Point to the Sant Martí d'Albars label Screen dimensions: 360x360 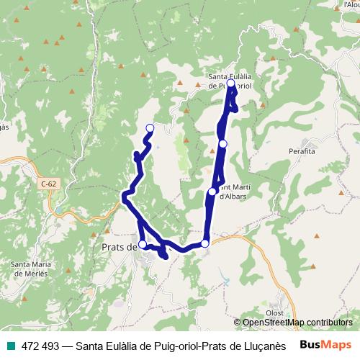pos(233,192)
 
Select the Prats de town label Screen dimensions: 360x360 pos(115,248)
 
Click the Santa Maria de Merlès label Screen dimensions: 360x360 pos(30,269)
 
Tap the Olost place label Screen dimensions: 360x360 pos(274,312)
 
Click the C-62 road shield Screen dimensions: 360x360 pos(48,184)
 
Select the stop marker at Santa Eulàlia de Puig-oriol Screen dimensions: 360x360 pos(230,84)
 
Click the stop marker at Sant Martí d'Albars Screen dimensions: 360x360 pos(212,192)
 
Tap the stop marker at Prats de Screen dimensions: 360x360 pos(143,245)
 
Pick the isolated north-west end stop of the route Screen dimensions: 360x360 pos(150,128)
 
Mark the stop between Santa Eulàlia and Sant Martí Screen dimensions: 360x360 pos(223,144)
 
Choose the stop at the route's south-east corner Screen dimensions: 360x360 pos(205,244)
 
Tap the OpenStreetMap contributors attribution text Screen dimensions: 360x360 pos(297,323)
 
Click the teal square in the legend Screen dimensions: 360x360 pos(10,345)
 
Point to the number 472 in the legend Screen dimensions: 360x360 pos(31,345)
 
